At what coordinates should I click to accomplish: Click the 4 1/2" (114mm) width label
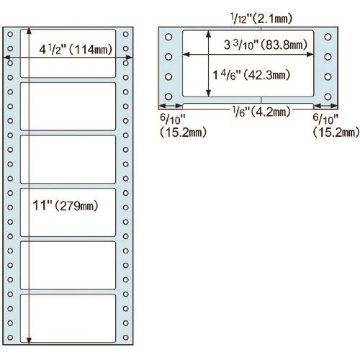click(76, 50)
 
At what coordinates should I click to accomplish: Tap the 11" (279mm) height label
click(66, 206)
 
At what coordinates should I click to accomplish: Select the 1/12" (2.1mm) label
click(261, 19)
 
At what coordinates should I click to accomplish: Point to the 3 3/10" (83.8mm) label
click(266, 45)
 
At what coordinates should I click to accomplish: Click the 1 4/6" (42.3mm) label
click(251, 75)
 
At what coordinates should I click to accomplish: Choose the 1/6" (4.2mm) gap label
click(261, 112)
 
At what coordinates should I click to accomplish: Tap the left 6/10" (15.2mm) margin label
click(183, 125)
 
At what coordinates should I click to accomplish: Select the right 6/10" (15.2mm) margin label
click(336, 125)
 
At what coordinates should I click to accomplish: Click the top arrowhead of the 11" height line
click(29, 30)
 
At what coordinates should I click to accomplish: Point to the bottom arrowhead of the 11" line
click(29, 341)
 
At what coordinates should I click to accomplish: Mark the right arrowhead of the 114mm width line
click(130, 58)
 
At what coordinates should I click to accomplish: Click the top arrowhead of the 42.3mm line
click(209, 34)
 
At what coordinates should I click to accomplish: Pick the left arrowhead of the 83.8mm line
click(186, 55)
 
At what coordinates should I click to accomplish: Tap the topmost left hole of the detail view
click(168, 37)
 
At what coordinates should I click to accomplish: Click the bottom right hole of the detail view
click(328, 96)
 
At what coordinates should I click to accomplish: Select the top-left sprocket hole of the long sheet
click(10, 34)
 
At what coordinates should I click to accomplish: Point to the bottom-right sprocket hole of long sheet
click(125, 338)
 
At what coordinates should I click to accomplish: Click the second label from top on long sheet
click(68, 107)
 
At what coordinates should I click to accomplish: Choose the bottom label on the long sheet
click(68, 318)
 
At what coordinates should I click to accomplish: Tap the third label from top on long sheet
click(68, 159)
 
